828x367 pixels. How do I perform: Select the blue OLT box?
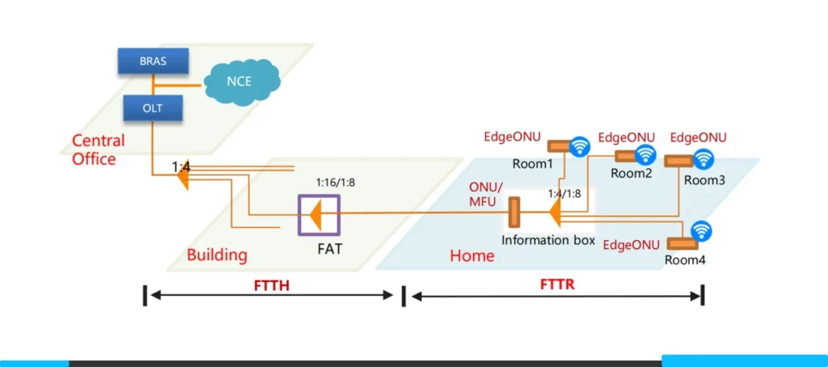coord(153,105)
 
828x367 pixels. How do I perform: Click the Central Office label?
coord(99,150)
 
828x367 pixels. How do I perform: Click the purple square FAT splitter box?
coord(318,215)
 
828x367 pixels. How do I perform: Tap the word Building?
coord(217,255)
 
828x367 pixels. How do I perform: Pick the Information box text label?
coord(548,240)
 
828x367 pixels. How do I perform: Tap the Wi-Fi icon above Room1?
coord(580,146)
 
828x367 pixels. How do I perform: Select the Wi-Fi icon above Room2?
coord(644,154)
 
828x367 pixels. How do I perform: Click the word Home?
coord(471,255)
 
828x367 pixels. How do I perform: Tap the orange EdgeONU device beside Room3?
coord(678,162)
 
